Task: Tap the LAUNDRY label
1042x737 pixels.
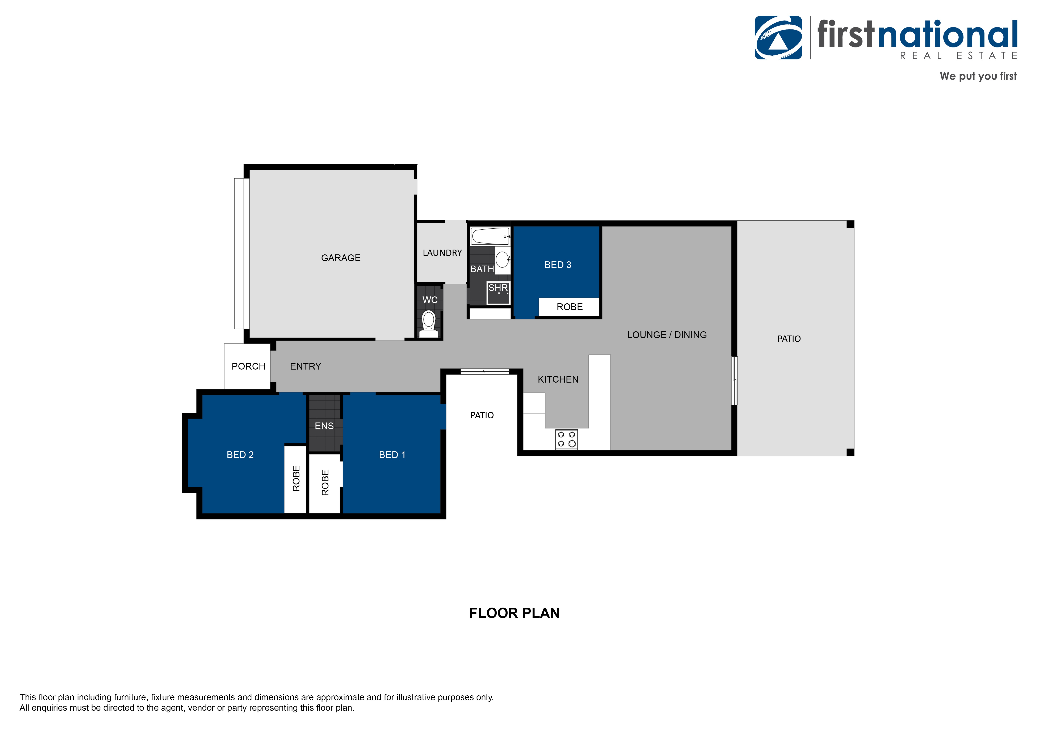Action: click(x=442, y=253)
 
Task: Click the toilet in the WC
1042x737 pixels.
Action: click(x=428, y=323)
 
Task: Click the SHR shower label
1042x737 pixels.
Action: click(x=498, y=288)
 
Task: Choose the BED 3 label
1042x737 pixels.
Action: click(x=558, y=265)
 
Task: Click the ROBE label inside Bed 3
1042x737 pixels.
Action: click(x=570, y=307)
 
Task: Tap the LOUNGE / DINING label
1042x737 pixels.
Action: click(x=667, y=335)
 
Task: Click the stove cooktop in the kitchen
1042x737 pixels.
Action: click(x=566, y=439)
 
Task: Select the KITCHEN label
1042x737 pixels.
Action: click(x=558, y=379)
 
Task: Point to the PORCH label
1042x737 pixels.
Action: click(x=248, y=366)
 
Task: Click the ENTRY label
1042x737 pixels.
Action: click(x=305, y=366)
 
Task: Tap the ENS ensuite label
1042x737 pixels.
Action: click(x=324, y=426)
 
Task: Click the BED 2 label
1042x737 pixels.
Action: click(x=240, y=455)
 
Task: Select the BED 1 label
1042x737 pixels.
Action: click(x=392, y=455)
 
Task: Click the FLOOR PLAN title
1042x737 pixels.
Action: click(x=514, y=613)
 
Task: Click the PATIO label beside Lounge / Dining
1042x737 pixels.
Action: click(x=789, y=339)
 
